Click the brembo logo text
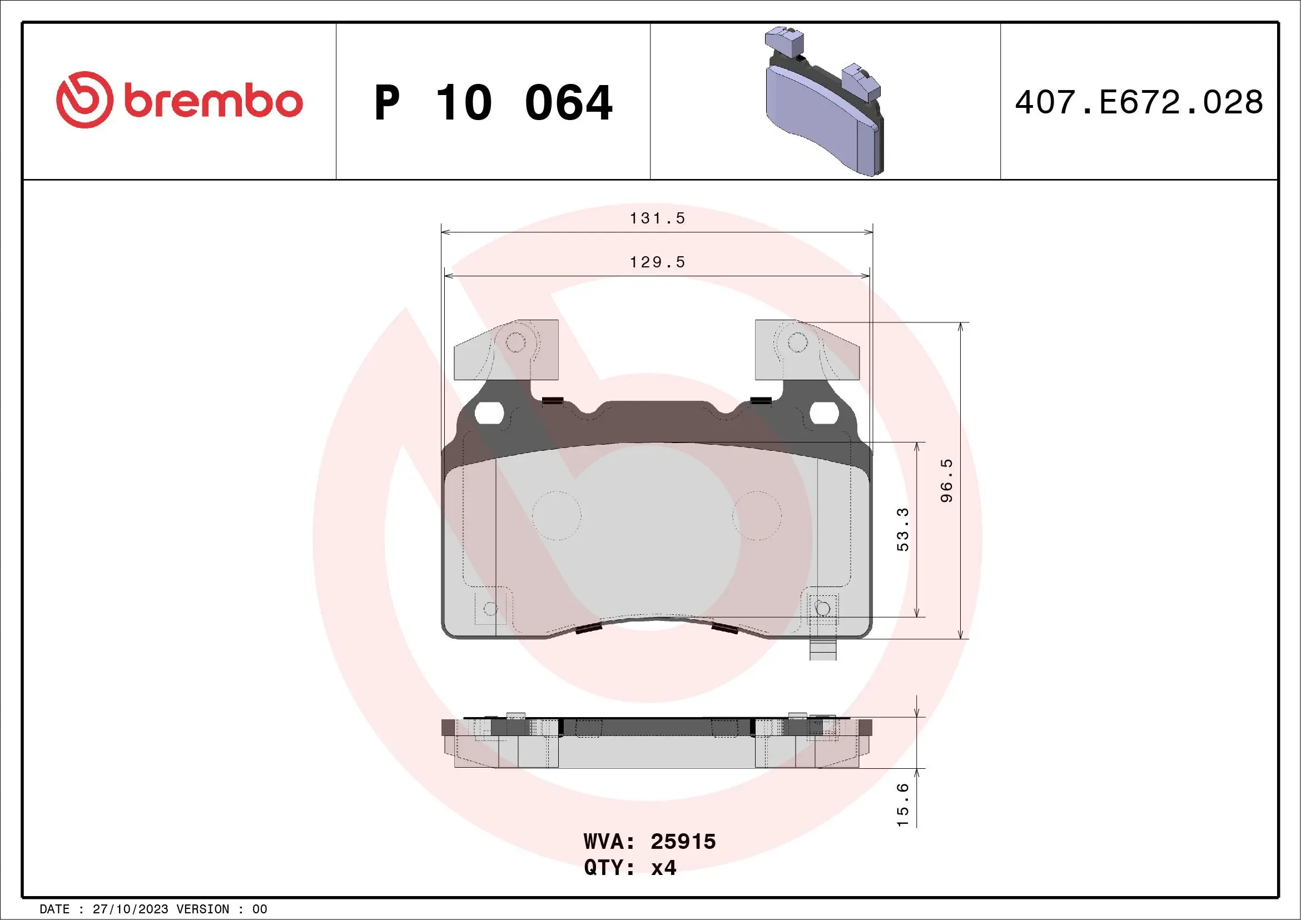click(213, 102)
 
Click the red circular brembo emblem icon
click(85, 100)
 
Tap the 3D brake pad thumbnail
click(824, 102)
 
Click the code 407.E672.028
click(1139, 102)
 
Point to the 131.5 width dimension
click(657, 218)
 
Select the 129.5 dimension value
click(657, 262)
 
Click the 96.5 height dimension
click(946, 480)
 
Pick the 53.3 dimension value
click(903, 529)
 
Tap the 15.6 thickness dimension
click(903, 804)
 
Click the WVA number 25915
click(683, 842)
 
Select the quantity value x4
click(663, 868)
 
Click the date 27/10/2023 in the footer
click(130, 909)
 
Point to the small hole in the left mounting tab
click(515, 342)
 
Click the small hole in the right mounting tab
click(798, 342)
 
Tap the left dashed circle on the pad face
click(557, 515)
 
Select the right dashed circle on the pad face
click(757, 515)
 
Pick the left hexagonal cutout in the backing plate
click(489, 414)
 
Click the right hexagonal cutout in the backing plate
click(824, 414)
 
